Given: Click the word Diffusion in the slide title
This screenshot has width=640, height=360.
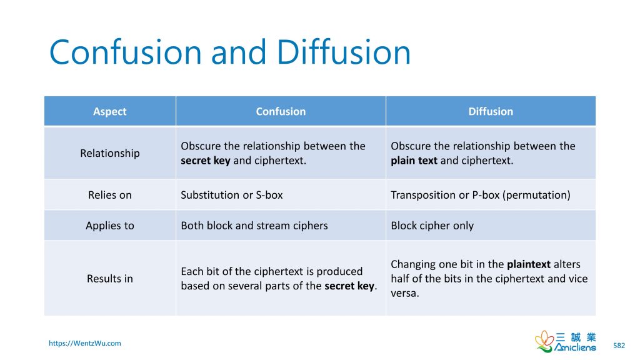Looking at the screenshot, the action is pyautogui.click(x=343, y=52).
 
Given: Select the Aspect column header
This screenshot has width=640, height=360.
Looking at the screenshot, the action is pyautogui.click(x=110, y=111).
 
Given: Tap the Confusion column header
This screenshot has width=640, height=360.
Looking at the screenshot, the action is pyautogui.click(x=281, y=111).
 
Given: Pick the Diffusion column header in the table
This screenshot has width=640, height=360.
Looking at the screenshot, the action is pyautogui.click(x=491, y=111).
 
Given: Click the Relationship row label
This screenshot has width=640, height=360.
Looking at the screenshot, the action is pyautogui.click(x=110, y=153).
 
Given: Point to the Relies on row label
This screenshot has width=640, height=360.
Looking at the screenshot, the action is pyautogui.click(x=110, y=195).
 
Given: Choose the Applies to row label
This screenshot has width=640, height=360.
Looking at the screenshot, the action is pyautogui.click(x=110, y=226).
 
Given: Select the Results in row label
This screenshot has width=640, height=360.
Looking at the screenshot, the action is pyautogui.click(x=110, y=279).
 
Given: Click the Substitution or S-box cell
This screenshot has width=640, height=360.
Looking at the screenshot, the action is pyautogui.click(x=232, y=195).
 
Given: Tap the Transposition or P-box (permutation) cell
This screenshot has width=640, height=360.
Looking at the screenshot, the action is pyautogui.click(x=481, y=195).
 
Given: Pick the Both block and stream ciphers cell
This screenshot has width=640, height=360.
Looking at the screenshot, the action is pyautogui.click(x=254, y=226).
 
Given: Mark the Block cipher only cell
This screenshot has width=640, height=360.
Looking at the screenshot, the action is pyautogui.click(x=432, y=226).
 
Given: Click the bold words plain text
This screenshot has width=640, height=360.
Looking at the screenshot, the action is pyautogui.click(x=414, y=161).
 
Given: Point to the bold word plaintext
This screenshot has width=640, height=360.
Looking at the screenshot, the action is pyautogui.click(x=529, y=264).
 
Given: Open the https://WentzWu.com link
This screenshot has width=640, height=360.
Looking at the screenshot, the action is pyautogui.click(x=85, y=343).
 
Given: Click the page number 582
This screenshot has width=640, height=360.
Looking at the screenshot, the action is pyautogui.click(x=619, y=345).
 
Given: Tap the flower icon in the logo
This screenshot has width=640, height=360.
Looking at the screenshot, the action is pyautogui.click(x=544, y=341).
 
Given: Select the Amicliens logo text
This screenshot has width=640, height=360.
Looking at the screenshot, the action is pyautogui.click(x=575, y=347).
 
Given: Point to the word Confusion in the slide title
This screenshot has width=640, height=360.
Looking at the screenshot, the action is pyautogui.click(x=126, y=52).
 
